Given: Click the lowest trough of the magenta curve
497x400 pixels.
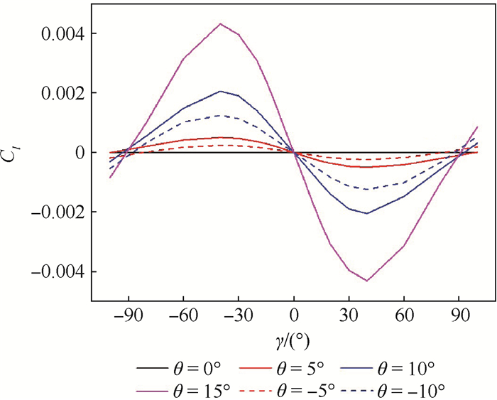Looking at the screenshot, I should coord(367,281).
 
